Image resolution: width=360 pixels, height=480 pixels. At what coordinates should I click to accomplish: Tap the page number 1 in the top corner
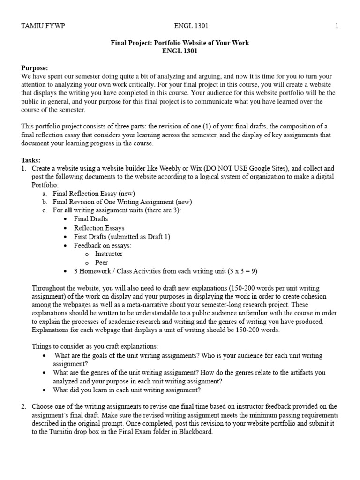337,26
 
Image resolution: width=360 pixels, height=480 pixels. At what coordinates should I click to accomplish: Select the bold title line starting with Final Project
180,43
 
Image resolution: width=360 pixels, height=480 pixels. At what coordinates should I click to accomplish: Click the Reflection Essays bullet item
99,228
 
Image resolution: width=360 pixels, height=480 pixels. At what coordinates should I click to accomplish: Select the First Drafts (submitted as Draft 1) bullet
122,236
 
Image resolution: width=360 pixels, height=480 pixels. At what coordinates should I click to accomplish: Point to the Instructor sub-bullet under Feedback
109,254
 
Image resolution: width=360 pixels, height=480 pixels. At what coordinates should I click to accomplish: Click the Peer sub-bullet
102,262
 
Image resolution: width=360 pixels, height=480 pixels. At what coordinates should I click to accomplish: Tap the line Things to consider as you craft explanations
95,346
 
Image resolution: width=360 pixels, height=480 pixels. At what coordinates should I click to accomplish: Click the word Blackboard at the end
195,432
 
